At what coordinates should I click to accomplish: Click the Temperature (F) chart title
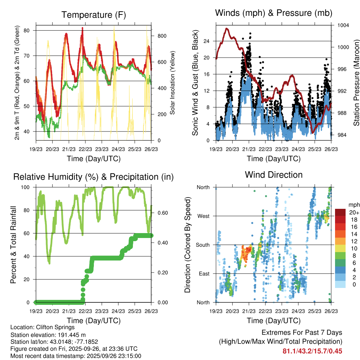[x=94, y=15]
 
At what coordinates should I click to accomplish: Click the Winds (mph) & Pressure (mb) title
[x=274, y=13]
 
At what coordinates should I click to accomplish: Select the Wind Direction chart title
[x=274, y=175]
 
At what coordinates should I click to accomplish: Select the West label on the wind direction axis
[x=203, y=216]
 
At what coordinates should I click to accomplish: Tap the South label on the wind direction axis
[x=202, y=245]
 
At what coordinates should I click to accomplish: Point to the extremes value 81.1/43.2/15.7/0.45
[x=312, y=351]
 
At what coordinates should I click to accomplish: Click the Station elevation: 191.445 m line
[x=48, y=335]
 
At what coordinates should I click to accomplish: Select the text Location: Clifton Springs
[x=43, y=328]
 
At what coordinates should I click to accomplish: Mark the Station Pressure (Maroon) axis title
[x=356, y=83]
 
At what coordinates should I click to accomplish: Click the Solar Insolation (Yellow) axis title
[x=173, y=83]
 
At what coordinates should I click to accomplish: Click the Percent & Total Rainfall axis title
[x=13, y=245]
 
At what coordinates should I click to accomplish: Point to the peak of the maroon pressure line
[x=227, y=28]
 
